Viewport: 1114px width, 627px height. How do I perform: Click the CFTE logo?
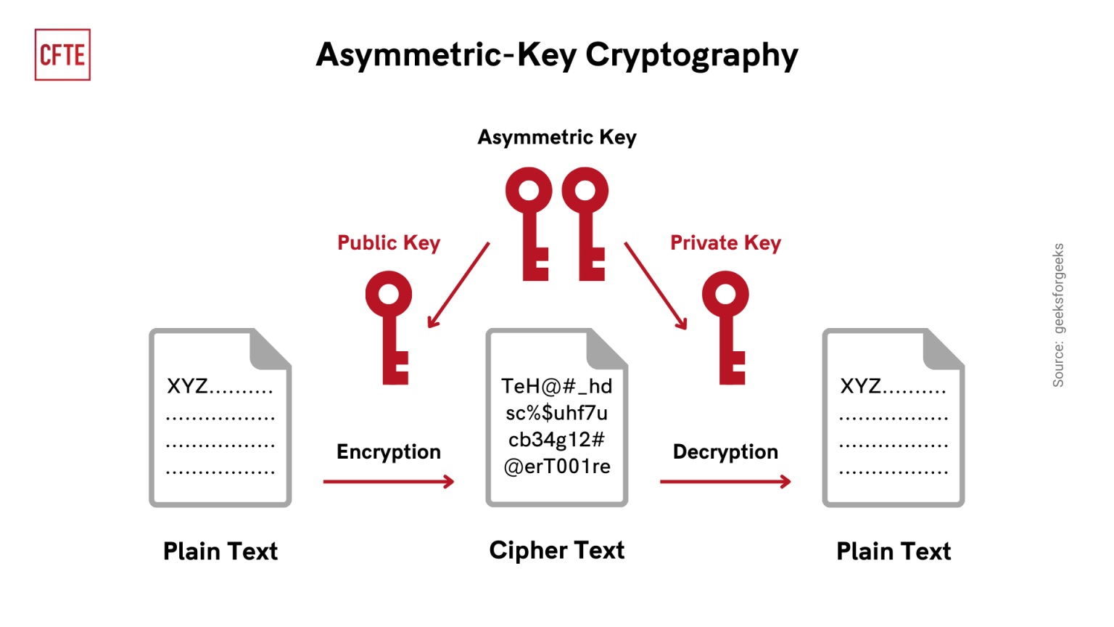click(62, 54)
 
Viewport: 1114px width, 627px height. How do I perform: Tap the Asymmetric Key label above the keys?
click(556, 137)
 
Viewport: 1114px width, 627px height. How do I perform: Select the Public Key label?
click(389, 243)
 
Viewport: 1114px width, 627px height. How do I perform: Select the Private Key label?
click(725, 243)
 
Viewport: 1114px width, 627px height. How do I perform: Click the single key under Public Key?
click(390, 327)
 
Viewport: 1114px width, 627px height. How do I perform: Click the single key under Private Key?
click(727, 327)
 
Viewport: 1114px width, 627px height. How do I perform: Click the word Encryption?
click(389, 451)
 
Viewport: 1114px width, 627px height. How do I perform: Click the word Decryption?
click(725, 451)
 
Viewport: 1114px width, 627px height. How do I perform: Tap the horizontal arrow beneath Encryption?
click(389, 481)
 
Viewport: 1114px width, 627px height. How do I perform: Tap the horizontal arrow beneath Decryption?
click(725, 481)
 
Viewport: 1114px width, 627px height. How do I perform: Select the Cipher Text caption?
click(556, 550)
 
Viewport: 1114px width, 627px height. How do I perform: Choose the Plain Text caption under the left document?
click(220, 552)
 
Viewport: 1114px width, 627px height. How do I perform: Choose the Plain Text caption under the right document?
click(894, 552)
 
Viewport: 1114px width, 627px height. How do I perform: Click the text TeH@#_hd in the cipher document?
click(556, 386)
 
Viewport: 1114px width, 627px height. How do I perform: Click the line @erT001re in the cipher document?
click(556, 467)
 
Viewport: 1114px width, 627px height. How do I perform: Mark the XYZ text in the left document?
click(187, 386)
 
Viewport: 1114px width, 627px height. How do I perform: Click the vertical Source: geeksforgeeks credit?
click(1058, 315)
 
